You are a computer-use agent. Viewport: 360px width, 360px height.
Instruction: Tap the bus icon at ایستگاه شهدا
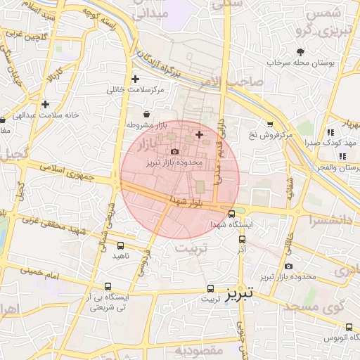point(232,214)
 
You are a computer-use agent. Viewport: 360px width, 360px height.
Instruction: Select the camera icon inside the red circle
point(175,151)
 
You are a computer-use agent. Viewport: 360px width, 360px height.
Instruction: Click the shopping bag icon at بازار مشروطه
point(146,114)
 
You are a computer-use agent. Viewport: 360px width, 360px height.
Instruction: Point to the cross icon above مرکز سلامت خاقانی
point(136,79)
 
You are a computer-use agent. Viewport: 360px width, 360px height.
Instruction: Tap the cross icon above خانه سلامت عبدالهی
point(45,104)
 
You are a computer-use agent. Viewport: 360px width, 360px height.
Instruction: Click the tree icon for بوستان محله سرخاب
point(301,52)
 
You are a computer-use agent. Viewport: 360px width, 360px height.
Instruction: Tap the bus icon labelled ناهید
point(121,245)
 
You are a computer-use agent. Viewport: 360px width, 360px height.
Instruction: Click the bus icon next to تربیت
point(210,288)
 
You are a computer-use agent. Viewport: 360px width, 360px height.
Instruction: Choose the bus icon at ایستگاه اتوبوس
point(349,326)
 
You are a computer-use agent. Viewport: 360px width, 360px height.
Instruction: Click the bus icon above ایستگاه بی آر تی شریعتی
point(108,286)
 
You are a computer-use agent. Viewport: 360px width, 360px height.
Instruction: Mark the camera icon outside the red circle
point(289,266)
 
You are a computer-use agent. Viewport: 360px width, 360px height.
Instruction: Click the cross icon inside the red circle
point(199,134)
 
